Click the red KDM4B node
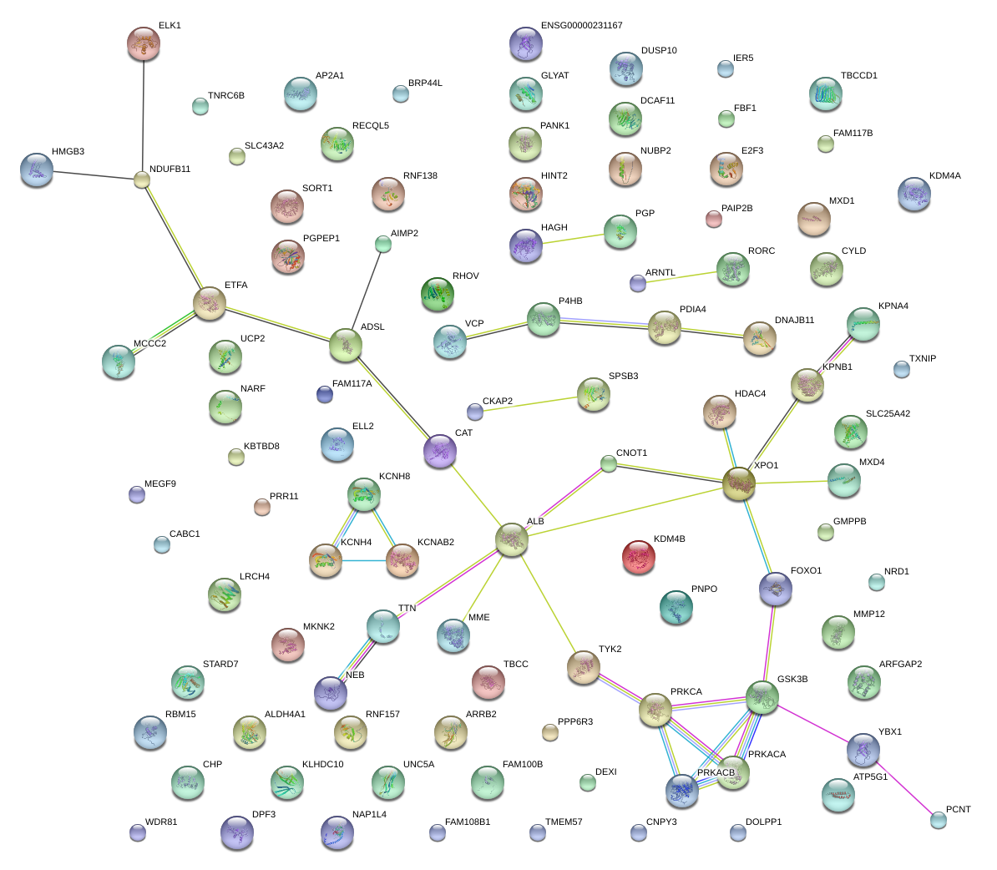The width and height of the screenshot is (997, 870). click(x=639, y=557)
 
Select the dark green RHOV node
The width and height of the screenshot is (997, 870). click(x=438, y=294)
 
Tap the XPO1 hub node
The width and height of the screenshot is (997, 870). click(x=739, y=483)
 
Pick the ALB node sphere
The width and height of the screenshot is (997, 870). click(x=512, y=540)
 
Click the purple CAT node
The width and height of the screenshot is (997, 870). click(x=440, y=451)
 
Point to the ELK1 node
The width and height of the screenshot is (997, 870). click(x=144, y=44)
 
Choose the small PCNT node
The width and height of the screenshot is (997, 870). click(x=939, y=821)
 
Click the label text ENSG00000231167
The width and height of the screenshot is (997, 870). click(x=582, y=25)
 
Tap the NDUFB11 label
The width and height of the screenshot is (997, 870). click(x=170, y=169)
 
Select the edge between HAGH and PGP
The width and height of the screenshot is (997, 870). click(x=573, y=239)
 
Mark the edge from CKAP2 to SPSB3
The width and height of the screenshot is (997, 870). click(x=529, y=404)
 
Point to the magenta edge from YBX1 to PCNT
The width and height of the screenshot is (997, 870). click(x=903, y=787)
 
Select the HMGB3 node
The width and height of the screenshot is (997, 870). click(x=37, y=169)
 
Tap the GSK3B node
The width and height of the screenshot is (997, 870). click(x=762, y=698)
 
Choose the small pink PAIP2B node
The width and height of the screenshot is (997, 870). click(x=713, y=220)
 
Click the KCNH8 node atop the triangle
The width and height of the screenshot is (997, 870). click(x=364, y=495)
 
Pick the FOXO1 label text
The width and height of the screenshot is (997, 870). click(x=807, y=570)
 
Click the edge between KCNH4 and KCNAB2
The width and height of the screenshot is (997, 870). click(x=364, y=560)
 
